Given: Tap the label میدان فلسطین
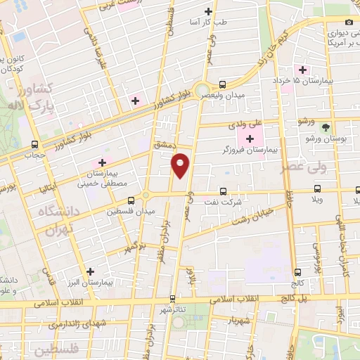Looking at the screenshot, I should click(x=129, y=210).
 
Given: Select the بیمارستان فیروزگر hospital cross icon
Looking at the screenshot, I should click(x=250, y=138).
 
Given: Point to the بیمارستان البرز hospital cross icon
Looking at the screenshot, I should click(x=90, y=271).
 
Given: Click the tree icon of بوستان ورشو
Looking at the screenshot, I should click(x=325, y=127).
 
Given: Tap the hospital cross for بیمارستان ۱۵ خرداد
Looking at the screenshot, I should click(x=303, y=70).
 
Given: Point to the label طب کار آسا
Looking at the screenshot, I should click(x=210, y=23).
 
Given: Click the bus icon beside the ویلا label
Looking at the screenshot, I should click(x=318, y=188).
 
